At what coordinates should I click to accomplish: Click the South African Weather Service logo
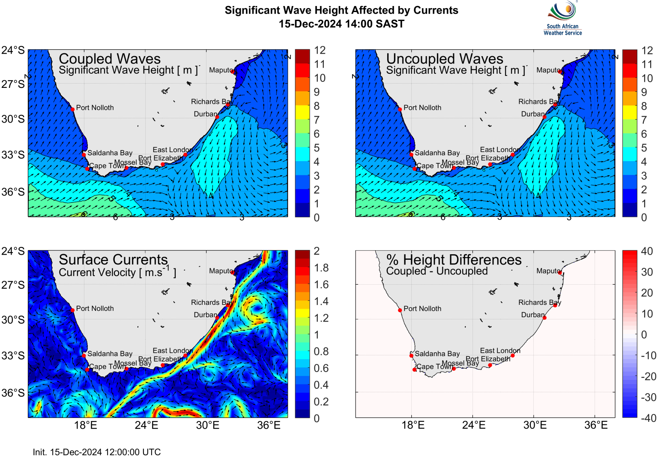pyautogui.click(x=562, y=18)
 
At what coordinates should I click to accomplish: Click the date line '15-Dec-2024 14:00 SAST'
pyautogui.click(x=341, y=24)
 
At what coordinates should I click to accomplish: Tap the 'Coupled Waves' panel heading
pyautogui.click(x=110, y=59)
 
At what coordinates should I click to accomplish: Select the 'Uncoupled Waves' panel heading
pyautogui.click(x=444, y=59)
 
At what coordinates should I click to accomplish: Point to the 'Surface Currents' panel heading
pyautogui.click(x=113, y=260)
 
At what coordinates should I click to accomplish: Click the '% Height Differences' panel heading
pyautogui.click(x=454, y=260)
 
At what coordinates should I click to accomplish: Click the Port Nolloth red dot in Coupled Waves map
pyautogui.click(x=73, y=109)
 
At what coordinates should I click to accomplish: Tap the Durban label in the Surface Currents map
pyautogui.click(x=205, y=315)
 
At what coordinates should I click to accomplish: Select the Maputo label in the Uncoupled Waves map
pyautogui.click(x=548, y=70)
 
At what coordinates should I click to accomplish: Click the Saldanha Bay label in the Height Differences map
pyautogui.click(x=437, y=354)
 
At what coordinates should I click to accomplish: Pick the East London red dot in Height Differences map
pyautogui.click(x=513, y=355)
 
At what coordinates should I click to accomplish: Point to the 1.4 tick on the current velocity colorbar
pyautogui.click(x=321, y=301)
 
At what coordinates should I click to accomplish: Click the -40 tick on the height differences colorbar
pyautogui.click(x=648, y=418)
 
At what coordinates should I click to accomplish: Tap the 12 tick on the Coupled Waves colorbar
pyautogui.click(x=320, y=50)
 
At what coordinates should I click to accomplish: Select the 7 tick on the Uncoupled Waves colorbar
pyautogui.click(x=644, y=120)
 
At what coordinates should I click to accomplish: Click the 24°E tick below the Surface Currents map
pyautogui.click(x=147, y=425)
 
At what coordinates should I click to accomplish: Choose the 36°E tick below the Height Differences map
pyautogui.click(x=596, y=425)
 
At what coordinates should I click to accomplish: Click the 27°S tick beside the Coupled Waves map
pyautogui.click(x=13, y=84)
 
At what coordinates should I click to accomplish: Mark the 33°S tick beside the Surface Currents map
pyautogui.click(x=13, y=355)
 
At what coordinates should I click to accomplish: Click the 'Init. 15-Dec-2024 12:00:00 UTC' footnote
pyautogui.click(x=97, y=452)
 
